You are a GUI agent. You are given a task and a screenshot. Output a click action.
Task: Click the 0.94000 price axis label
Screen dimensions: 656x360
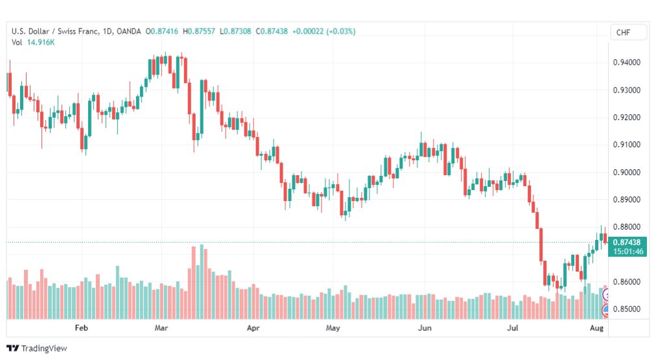tap(626, 62)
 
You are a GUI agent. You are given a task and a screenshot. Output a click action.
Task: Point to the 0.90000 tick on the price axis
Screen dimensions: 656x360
tap(626, 173)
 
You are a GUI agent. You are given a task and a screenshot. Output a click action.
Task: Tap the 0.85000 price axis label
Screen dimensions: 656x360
tap(626, 309)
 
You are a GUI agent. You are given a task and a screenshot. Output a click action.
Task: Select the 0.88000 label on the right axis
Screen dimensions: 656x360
tap(626, 227)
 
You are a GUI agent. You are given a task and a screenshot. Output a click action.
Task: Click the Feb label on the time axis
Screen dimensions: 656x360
tap(81, 328)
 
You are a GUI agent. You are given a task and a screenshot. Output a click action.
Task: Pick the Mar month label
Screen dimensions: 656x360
tap(161, 328)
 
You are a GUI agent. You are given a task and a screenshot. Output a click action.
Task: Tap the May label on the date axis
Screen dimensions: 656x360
tap(333, 328)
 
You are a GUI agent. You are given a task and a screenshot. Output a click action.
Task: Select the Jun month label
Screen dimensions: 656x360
tap(425, 328)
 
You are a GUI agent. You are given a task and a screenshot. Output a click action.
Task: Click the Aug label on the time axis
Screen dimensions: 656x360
tap(596, 328)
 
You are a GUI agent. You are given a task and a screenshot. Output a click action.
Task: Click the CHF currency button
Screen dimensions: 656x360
tap(623, 32)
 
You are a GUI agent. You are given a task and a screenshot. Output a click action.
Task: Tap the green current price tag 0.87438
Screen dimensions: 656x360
tap(627, 243)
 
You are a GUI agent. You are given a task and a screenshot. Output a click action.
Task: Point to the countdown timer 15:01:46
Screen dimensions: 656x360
tap(628, 252)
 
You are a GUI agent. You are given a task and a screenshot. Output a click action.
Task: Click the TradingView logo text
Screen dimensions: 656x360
tap(44, 348)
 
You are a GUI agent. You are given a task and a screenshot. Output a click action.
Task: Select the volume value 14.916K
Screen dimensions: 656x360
tap(41, 42)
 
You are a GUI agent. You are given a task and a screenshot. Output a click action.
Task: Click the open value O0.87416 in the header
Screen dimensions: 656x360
tap(161, 31)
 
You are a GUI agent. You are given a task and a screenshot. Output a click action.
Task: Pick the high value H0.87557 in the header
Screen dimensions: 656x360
tap(199, 31)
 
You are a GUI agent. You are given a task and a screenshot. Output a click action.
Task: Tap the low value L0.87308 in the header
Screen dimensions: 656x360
tap(235, 31)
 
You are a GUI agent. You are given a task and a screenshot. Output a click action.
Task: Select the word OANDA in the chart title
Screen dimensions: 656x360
tap(128, 31)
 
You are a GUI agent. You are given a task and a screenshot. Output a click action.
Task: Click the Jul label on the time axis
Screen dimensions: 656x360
tap(513, 328)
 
